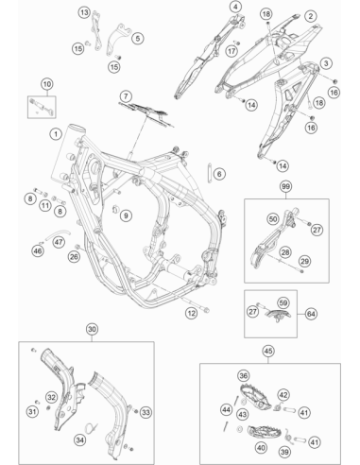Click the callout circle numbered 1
56,134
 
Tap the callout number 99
285,186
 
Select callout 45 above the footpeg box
268,351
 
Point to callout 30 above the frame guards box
92,330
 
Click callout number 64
311,314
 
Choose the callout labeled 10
47,84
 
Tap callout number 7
126,96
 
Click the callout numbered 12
191,313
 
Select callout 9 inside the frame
126,215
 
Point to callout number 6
219,174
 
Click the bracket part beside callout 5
119,39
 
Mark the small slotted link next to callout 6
209,172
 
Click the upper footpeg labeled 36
255,395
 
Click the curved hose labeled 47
58,234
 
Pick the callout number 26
74,257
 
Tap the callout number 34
80,439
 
